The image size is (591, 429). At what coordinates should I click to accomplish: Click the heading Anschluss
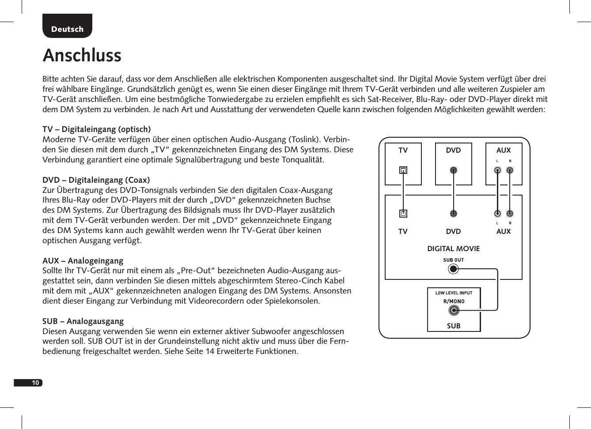82,56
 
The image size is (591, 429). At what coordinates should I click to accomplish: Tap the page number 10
35,383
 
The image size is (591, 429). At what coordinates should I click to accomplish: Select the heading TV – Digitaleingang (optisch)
96,129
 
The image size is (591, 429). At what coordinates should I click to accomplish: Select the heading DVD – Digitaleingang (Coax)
96,180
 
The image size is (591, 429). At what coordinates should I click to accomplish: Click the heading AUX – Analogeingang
83,261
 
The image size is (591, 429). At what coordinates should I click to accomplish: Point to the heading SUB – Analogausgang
83,321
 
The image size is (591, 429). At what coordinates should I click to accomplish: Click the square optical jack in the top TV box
403,170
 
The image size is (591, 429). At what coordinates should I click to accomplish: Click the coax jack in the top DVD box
453,170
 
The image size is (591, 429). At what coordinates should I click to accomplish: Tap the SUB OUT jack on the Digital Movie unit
453,268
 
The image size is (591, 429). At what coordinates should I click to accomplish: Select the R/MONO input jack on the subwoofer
454,311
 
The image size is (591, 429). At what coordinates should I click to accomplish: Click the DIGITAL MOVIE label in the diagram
453,249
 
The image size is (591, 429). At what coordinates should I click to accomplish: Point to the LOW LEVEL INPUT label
454,293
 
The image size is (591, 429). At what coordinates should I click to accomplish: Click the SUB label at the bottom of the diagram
454,326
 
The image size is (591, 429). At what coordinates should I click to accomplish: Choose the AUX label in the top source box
503,151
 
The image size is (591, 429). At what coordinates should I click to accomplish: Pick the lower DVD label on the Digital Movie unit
453,232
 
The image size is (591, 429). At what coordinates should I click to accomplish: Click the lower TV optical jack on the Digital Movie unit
403,214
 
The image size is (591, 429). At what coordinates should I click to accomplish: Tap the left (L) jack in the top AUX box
497,170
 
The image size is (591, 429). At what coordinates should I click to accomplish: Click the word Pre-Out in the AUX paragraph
196,271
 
